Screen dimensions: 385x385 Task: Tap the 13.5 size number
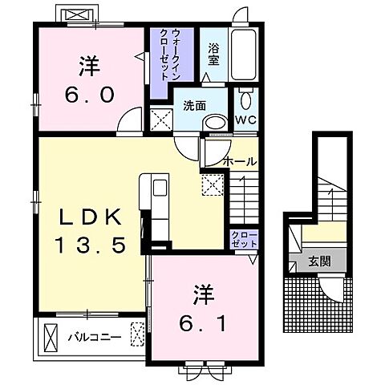(91, 245)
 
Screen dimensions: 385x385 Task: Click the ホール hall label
(240, 161)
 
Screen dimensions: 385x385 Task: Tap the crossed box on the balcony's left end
(51, 335)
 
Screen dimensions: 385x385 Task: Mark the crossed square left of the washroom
(160, 123)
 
